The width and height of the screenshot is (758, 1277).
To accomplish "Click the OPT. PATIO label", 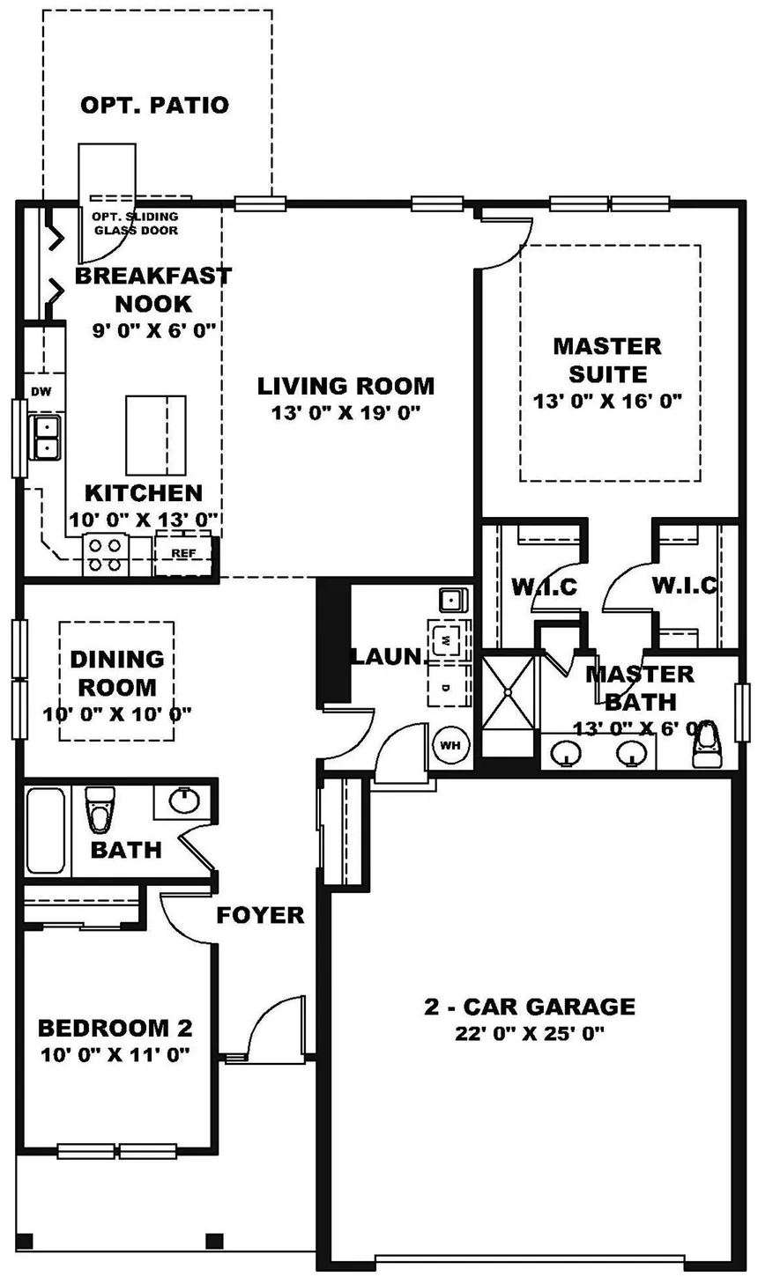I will pos(154,106).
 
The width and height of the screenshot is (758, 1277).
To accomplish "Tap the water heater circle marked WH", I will pos(450,745).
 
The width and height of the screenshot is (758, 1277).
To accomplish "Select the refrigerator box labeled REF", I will pos(183,553).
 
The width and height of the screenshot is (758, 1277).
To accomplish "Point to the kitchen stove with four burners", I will pos(106,555).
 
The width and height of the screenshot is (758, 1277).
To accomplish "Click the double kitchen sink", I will pos(44,437).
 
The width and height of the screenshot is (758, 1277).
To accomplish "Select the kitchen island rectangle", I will pos(156,435).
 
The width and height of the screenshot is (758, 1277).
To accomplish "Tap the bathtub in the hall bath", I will pos(45,830).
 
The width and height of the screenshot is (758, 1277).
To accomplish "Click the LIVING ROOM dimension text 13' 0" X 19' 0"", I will pos(346,411).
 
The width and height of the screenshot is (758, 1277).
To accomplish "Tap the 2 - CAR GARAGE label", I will pos(529,1006).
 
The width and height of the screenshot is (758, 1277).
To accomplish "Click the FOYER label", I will pos(260,915).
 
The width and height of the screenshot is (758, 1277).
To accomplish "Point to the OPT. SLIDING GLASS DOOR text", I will pos(135,224).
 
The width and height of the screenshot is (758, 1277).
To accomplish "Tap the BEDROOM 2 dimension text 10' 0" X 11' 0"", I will pos(115,1053).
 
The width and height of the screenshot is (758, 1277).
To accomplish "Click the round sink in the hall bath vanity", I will pos(183,801).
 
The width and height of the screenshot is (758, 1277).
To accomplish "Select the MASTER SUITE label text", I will pos(607,359).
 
